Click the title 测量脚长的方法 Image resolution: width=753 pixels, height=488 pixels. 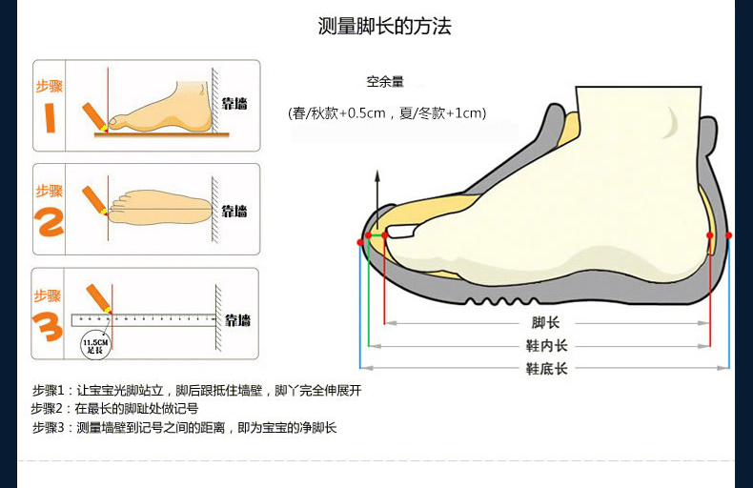pos(384,26)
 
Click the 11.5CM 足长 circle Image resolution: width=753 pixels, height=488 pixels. pos(94,344)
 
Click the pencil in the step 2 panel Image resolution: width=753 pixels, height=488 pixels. pos(94,200)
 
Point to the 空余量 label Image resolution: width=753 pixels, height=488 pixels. pos(385,82)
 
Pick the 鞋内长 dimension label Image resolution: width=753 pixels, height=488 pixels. pos(546,345)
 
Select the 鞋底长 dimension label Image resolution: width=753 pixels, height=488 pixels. pos(546,368)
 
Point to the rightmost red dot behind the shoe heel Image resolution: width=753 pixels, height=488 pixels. pos(729,234)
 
